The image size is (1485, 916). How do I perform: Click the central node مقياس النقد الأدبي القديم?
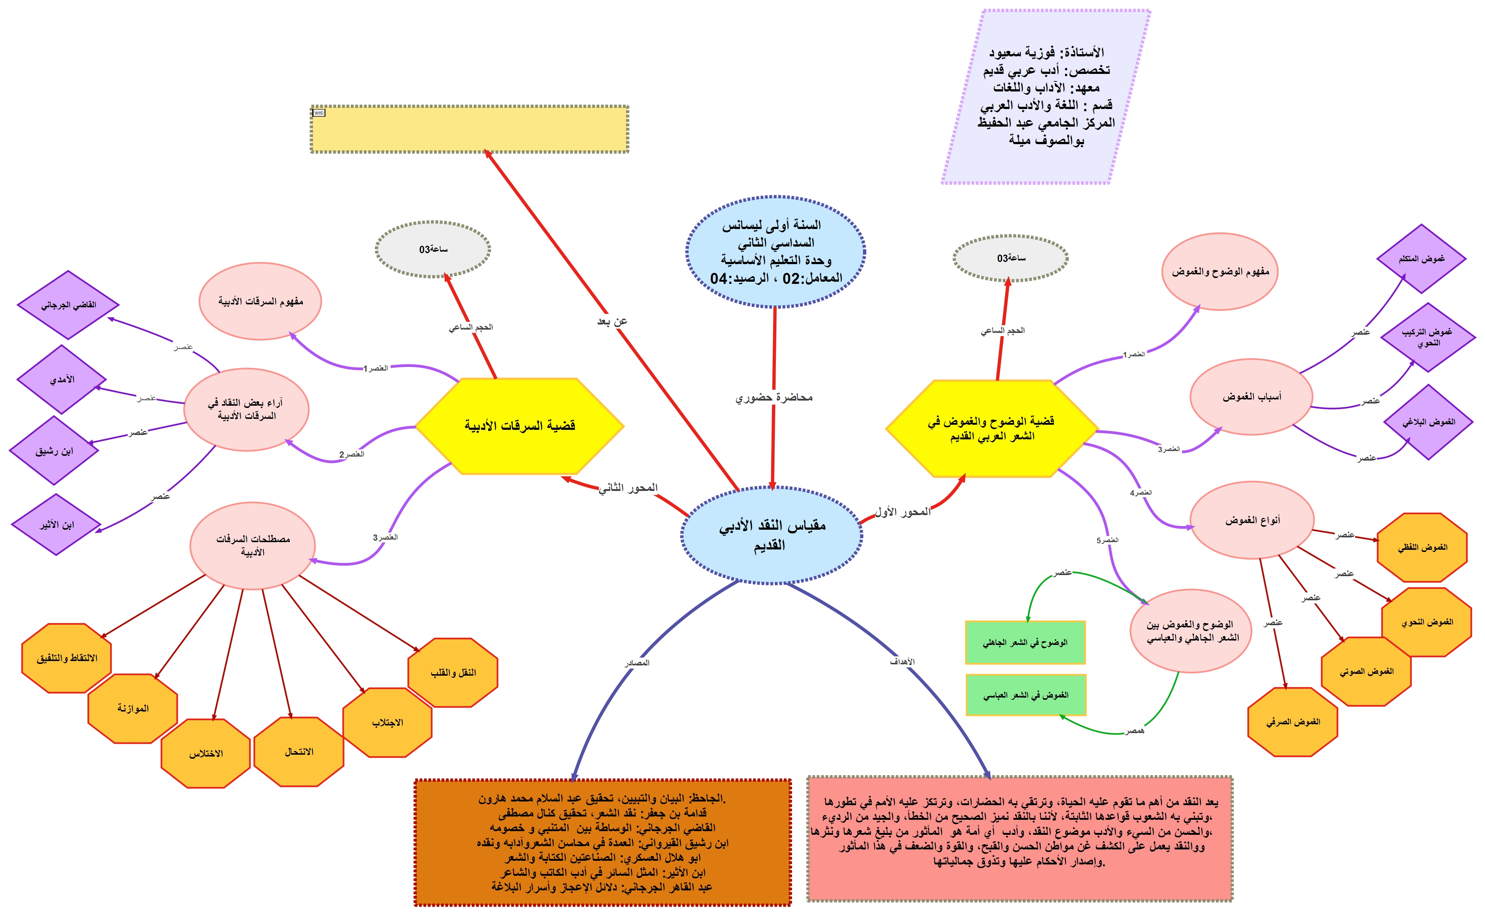click(772, 535)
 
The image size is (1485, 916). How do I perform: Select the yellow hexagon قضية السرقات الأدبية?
click(520, 426)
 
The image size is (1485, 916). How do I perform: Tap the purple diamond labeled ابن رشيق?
click(54, 451)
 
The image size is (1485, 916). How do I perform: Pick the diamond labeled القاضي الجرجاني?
click(68, 305)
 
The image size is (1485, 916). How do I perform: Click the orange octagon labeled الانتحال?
click(299, 752)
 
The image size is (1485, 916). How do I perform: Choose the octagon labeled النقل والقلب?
click(453, 672)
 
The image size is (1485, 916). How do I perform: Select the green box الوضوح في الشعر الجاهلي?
click(1025, 642)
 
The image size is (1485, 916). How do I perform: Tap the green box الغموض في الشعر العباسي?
click(1025, 695)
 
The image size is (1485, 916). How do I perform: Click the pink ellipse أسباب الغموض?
click(1251, 397)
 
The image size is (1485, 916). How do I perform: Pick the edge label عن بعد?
click(612, 321)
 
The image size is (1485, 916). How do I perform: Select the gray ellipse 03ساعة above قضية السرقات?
click(433, 249)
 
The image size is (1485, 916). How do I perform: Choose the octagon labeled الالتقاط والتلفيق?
click(67, 658)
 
